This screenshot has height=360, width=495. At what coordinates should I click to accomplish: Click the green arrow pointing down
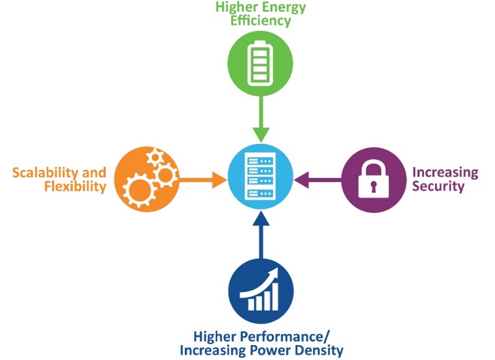pyautogui.click(x=261, y=120)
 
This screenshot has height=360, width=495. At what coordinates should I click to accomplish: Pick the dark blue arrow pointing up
pyautogui.click(x=261, y=235)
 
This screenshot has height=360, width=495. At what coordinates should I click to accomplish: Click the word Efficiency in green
pyautogui.click(x=260, y=21)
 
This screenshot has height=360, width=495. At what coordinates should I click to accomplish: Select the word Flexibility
pyautogui.click(x=75, y=186)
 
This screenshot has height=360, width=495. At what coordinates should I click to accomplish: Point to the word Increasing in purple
pyautogui.click(x=445, y=172)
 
